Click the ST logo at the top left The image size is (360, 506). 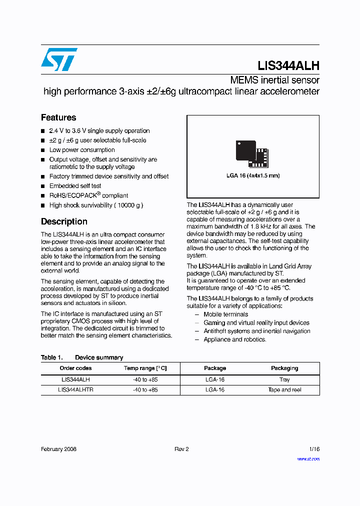[x=59, y=59]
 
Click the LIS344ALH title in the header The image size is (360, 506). [x=288, y=65]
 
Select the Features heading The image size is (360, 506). [x=58, y=117]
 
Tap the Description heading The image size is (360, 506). [x=64, y=221]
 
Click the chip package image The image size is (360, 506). [x=252, y=153]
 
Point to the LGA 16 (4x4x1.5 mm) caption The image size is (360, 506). [x=253, y=175]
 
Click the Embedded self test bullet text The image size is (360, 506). [x=75, y=186]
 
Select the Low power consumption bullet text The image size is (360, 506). [x=82, y=150]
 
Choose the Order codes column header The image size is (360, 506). [x=75, y=368]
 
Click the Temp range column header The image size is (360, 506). [x=145, y=368]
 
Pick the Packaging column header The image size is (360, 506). [x=284, y=368]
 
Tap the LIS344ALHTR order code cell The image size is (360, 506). [x=75, y=389]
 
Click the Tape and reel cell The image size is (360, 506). [x=284, y=389]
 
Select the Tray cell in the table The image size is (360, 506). [x=284, y=379]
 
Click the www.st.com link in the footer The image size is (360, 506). [x=308, y=458]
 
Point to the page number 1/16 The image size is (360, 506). [x=314, y=449]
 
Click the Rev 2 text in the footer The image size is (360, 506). [x=181, y=449]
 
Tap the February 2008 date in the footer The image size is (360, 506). [x=58, y=449]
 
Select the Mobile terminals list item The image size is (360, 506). [x=225, y=314]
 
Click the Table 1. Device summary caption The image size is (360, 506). [x=82, y=357]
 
